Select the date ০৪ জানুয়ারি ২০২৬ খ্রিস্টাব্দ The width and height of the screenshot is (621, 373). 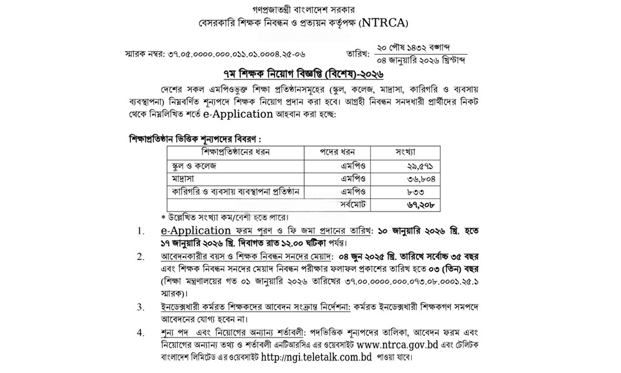coord(429,60)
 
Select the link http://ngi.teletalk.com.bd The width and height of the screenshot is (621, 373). coord(319,359)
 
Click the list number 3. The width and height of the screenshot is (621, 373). coord(142,306)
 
